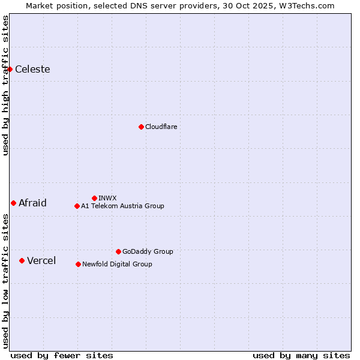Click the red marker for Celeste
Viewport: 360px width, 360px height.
pos(10,69)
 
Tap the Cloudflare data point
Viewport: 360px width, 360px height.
pos(141,127)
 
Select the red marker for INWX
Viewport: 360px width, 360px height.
pos(94,198)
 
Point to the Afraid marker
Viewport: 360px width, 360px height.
pos(13,203)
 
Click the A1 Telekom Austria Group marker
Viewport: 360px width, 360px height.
pos(77,206)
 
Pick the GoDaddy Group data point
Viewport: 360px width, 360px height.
pos(118,251)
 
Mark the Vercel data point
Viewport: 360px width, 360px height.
pos(22,260)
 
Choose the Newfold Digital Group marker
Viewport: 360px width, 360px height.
pos(78,264)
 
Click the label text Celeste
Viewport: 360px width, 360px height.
pos(32,69)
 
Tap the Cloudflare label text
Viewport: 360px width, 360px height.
pos(161,127)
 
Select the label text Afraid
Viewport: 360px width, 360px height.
pos(32,203)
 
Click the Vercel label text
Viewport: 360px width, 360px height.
pos(41,260)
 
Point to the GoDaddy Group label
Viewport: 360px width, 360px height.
pos(148,251)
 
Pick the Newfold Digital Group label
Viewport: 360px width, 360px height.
pos(117,264)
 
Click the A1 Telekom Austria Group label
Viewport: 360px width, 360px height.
pos(122,206)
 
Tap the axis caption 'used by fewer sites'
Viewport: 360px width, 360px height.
pos(62,355)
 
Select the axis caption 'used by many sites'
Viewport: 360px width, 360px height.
pos(301,355)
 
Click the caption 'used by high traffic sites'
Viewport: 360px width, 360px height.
pos(5,85)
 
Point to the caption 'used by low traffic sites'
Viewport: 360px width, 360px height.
pos(5,281)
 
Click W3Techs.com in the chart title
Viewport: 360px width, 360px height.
pos(305,5)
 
